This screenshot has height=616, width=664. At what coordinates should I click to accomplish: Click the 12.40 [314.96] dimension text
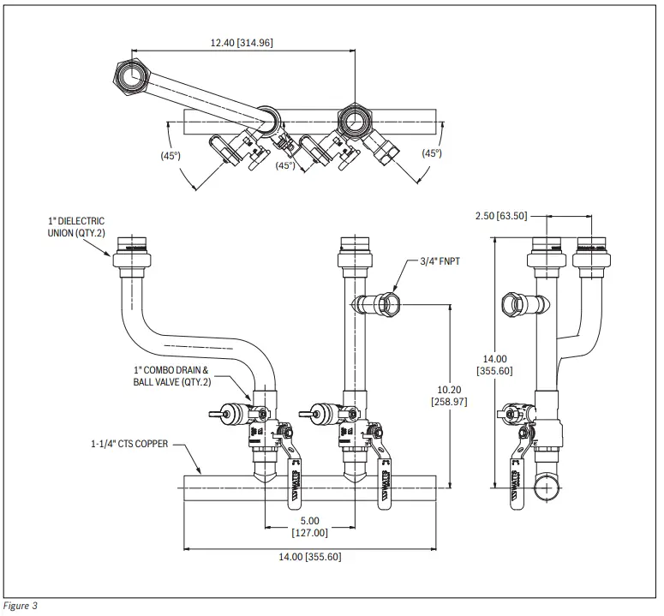pos(242,42)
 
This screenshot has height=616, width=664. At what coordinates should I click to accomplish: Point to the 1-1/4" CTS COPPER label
pos(129,444)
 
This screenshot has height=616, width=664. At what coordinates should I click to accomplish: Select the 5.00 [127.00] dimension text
pos(309,526)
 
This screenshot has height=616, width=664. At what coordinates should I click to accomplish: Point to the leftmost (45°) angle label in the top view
pos(170,155)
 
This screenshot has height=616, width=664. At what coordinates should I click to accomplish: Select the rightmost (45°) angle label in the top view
pos(431,153)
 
